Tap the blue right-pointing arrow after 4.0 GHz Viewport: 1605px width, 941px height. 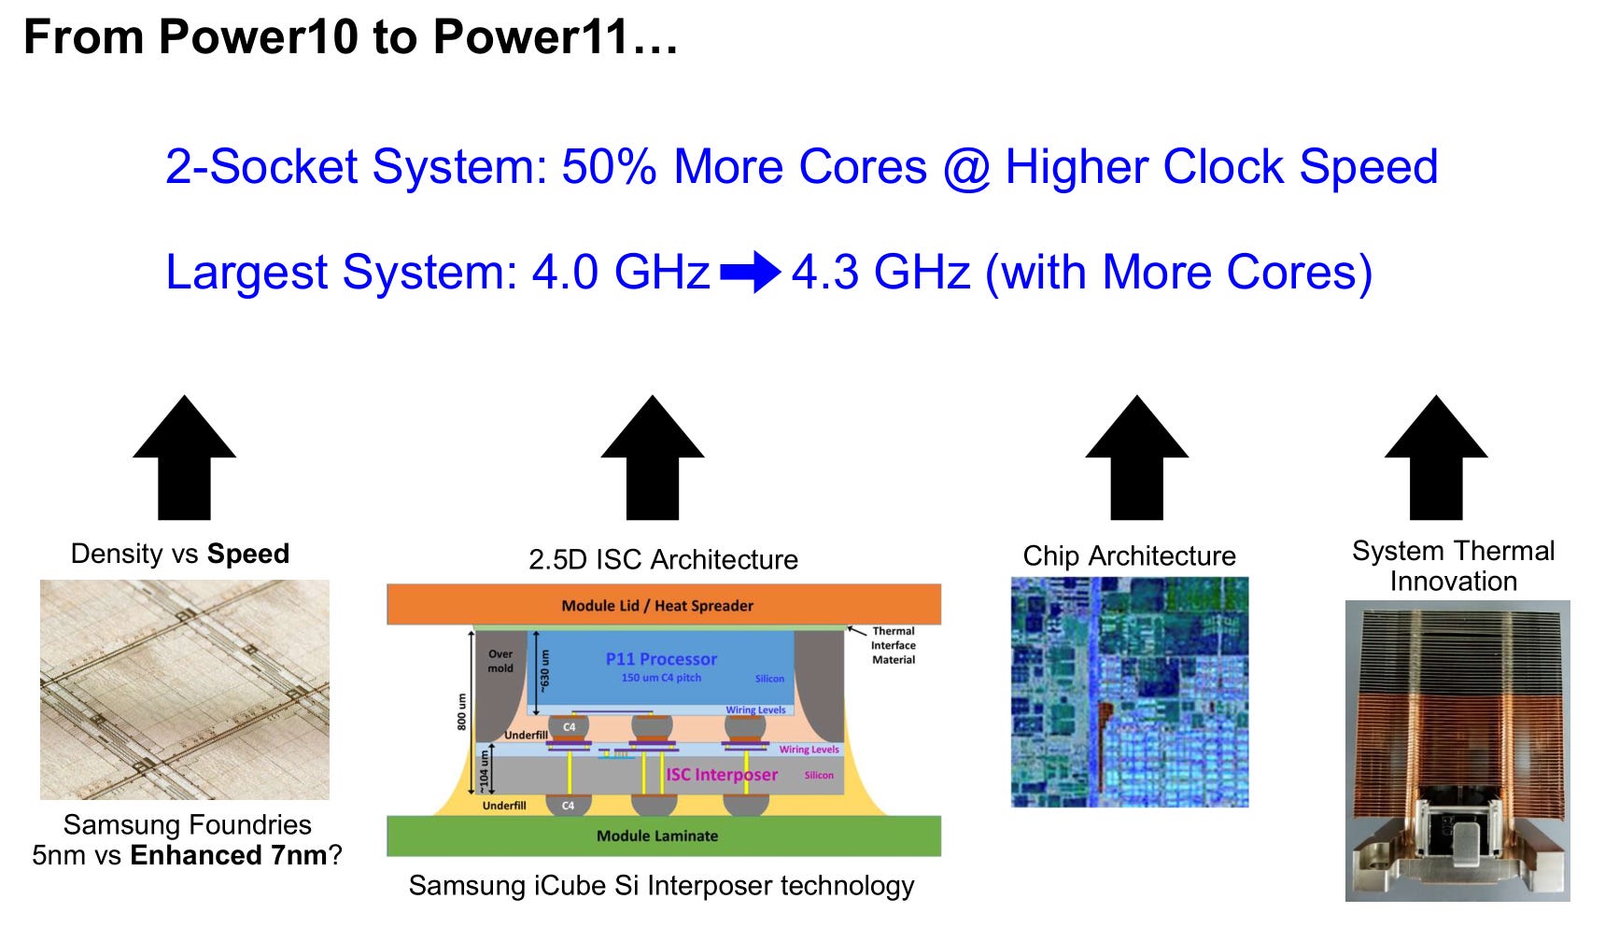[751, 273]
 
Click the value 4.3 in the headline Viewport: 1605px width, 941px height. [825, 273]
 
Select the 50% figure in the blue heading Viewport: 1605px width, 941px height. [609, 167]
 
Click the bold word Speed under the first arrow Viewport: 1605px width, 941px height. [248, 554]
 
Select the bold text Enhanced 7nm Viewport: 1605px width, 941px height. [229, 855]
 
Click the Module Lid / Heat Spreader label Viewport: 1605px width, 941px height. [657, 606]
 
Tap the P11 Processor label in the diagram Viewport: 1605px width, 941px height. [661, 659]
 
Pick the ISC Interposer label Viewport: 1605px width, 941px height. [722, 775]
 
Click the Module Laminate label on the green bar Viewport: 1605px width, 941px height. [657, 836]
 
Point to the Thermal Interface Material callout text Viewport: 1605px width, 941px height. [894, 645]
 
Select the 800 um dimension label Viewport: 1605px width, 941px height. [461, 711]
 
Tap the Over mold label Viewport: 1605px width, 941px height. [500, 661]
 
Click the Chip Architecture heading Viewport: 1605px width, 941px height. [1129, 556]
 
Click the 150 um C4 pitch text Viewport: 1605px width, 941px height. [661, 678]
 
